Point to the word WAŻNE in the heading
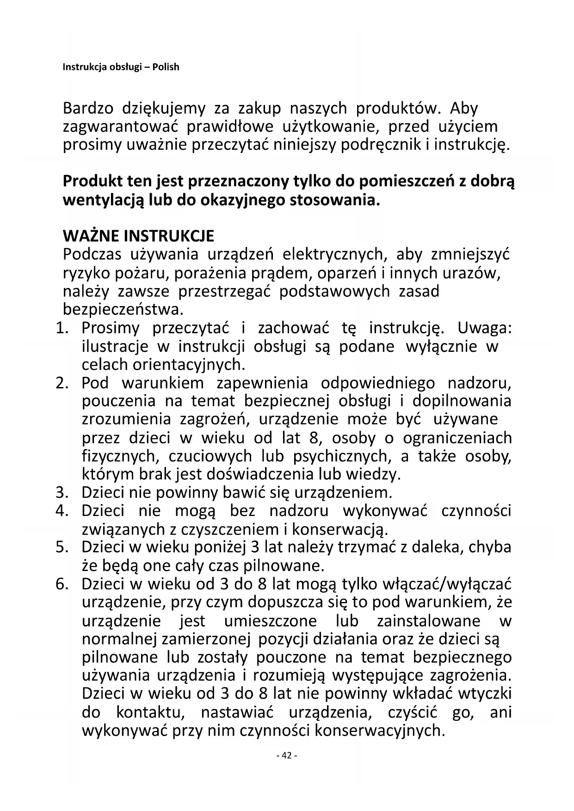(91, 236)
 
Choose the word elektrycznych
(332, 255)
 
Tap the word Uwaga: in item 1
(485, 328)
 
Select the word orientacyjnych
(188, 365)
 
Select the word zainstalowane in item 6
(428, 621)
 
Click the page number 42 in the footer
(287, 756)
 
